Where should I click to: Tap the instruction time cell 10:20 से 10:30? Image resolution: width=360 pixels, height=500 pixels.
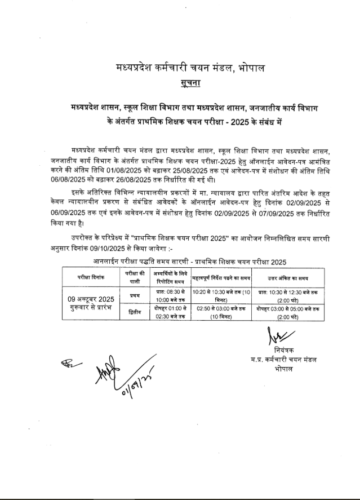(221, 295)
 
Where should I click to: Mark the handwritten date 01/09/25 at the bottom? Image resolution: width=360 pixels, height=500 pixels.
(136, 385)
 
